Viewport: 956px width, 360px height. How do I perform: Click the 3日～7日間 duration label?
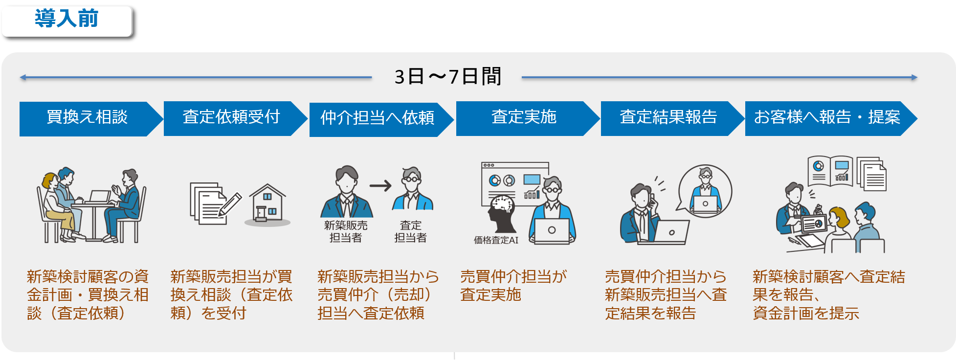[447, 77]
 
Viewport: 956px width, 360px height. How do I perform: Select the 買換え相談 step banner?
[87, 118]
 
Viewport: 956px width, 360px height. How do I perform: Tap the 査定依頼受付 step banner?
[231, 118]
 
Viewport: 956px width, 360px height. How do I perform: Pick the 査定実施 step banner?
[524, 118]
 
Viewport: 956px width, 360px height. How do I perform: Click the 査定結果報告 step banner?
[668, 118]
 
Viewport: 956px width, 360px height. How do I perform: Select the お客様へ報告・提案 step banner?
[826, 118]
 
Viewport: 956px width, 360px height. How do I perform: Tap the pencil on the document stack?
[230, 204]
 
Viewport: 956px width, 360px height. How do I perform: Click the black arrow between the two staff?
[380, 186]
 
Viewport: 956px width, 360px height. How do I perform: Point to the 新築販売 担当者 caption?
[346, 231]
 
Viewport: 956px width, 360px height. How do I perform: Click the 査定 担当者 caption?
[410, 231]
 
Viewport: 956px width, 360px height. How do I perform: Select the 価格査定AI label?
[496, 240]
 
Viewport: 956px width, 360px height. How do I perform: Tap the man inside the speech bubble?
[705, 191]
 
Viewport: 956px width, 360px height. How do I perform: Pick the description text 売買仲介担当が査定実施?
[513, 286]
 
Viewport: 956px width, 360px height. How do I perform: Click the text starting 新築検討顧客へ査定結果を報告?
[828, 294]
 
